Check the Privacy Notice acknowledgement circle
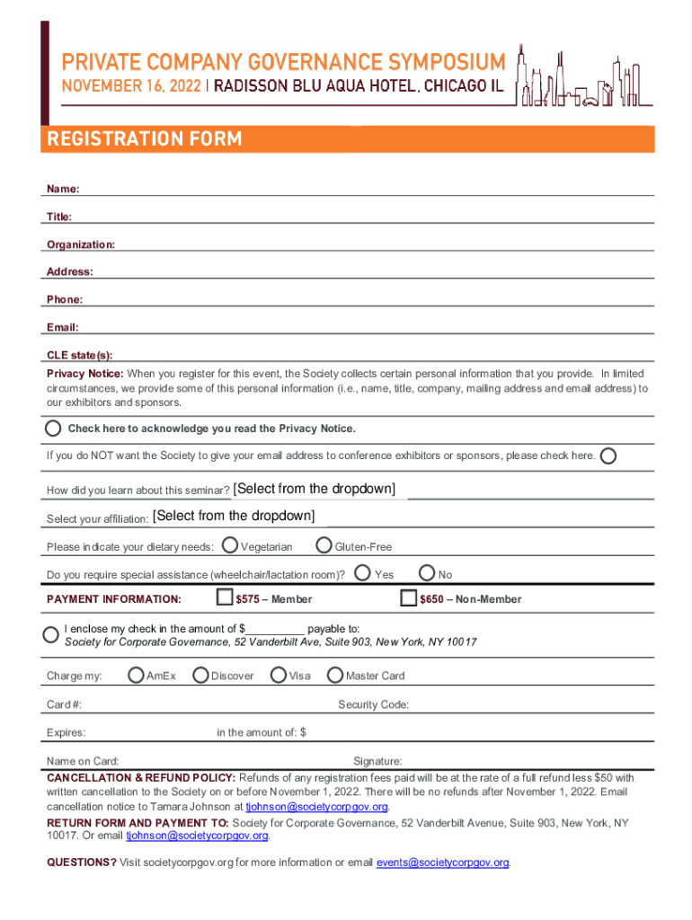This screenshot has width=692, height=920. (55, 428)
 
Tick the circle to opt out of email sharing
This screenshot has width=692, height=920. (608, 456)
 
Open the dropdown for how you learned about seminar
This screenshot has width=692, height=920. (314, 490)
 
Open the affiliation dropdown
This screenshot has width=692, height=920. (234, 516)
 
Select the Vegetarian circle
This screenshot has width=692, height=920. (230, 545)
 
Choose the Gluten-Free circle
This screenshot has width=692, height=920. (324, 545)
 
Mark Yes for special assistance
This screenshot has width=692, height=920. (363, 572)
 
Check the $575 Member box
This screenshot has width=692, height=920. (225, 597)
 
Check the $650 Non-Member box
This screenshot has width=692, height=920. (408, 597)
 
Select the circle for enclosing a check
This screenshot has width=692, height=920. (52, 634)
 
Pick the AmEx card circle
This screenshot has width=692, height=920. (136, 675)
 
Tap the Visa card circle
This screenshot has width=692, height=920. (279, 675)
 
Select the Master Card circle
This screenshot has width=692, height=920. (335, 675)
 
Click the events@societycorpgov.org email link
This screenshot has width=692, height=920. (443, 863)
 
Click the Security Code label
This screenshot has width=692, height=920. (373, 704)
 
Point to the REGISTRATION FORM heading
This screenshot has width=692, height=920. (145, 139)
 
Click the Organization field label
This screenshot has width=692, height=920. (81, 244)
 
